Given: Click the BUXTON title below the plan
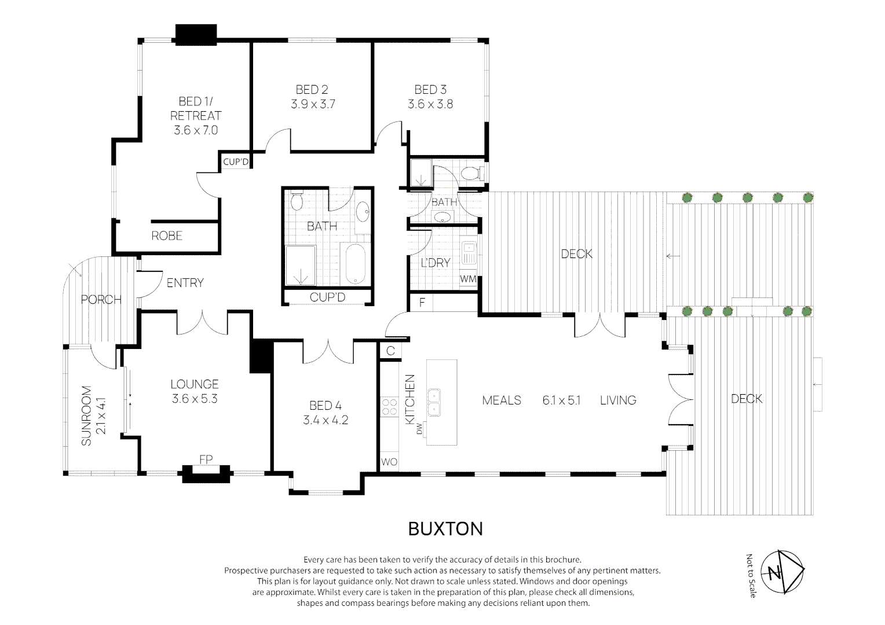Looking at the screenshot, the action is pos(445,529).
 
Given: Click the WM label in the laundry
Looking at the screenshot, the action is pos(468,279).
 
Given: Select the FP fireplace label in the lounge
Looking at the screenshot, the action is pos(206,459).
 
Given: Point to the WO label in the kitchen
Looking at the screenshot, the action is pos(389,462).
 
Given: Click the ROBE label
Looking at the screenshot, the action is pos(167,236).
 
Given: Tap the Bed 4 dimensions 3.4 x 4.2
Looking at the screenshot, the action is pos(326,420).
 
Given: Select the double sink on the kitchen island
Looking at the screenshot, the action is pos(434,402).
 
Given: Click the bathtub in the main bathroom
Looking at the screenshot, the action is pos(355,264).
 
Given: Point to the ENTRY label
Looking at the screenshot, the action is pos(185,282).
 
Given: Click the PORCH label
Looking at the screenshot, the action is pos(101,300).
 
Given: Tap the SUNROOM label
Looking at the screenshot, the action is pos(86,416).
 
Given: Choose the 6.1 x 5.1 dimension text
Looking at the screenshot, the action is pos(561,400).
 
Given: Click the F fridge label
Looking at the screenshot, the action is pos(422,303).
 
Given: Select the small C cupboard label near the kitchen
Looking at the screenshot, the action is pos(390,351).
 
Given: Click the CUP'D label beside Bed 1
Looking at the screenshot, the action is pos(236,162).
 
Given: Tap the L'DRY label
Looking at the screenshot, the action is pos(436,263).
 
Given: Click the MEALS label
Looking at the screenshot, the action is pos(502,400).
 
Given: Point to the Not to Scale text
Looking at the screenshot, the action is pos(750,576).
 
